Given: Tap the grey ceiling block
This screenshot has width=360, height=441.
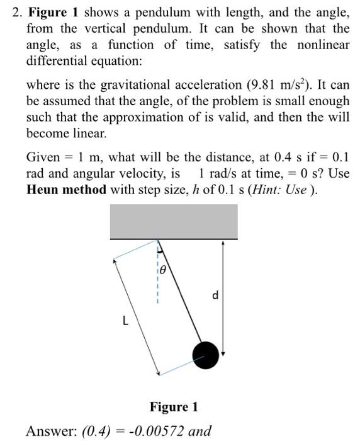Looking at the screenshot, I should pos(174,221).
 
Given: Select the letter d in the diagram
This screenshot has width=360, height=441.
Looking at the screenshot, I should pos(215,295).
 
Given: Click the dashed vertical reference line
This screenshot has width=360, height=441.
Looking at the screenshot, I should pos(157,283).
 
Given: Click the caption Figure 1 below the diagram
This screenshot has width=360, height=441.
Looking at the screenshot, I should pos(174,407).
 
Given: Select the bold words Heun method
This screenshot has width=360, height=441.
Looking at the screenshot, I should pos(67,190).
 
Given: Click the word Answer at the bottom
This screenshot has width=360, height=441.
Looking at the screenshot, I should pos(50,432).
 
